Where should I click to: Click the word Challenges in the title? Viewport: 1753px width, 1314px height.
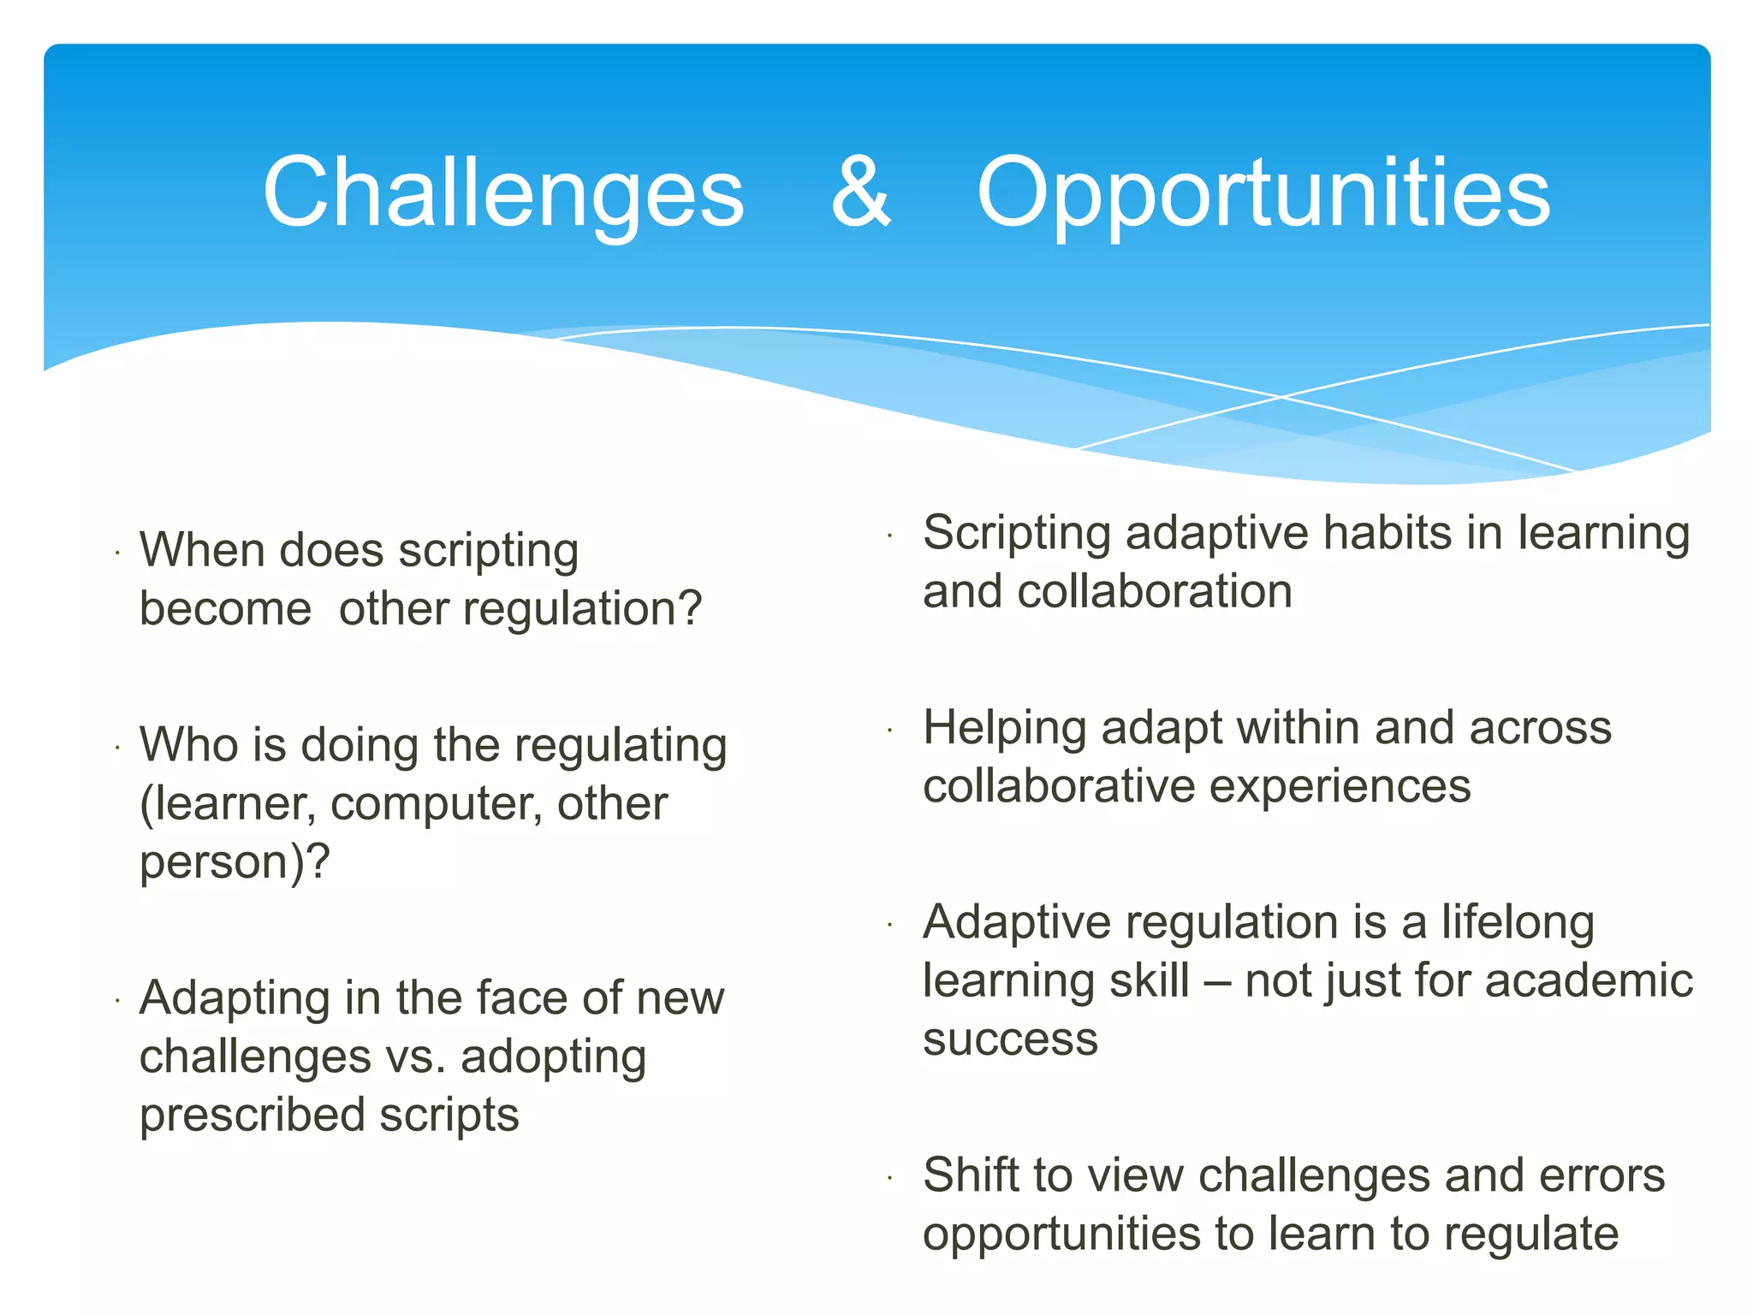(503, 195)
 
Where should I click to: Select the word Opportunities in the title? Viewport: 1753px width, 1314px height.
(1263, 195)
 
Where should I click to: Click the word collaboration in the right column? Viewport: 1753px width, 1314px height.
(1155, 592)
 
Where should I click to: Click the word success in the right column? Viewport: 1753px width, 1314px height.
(1010, 1040)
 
